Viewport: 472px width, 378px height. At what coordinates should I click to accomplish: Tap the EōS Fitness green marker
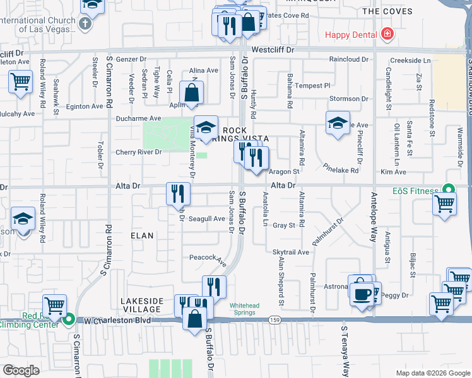(448, 189)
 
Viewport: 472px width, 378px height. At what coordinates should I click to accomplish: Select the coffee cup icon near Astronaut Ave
(362, 293)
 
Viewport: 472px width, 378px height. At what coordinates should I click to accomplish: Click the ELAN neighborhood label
(142, 235)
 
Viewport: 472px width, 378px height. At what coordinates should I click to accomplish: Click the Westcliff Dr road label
(273, 49)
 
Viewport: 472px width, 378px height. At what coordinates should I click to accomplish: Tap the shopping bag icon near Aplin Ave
(192, 93)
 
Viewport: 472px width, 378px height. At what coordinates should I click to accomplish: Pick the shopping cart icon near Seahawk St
(20, 81)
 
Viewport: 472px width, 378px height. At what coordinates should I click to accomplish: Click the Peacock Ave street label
(208, 258)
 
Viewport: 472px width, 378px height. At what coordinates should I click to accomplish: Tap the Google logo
(21, 370)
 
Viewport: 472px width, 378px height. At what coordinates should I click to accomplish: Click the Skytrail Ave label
(291, 252)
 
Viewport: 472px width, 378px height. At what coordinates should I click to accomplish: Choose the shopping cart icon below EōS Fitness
(445, 205)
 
